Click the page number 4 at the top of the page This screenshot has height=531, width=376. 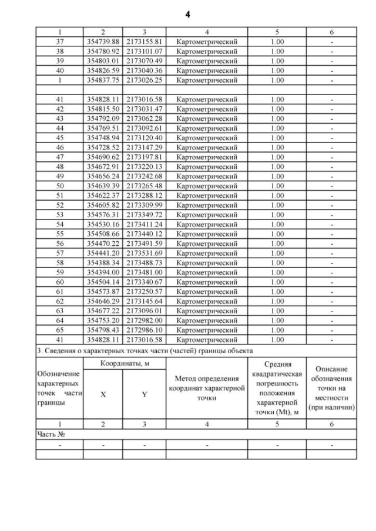tap(187, 13)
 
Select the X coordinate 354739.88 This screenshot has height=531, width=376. tap(103, 42)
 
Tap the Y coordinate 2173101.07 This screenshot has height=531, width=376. tap(144, 52)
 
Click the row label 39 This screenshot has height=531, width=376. tap(59, 61)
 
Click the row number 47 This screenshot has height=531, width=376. tap(59, 157)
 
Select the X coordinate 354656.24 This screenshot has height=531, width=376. tap(103, 176)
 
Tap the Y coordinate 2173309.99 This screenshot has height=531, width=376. tap(144, 205)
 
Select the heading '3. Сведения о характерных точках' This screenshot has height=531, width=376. tap(145, 350)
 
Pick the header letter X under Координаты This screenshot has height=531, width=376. tap(103, 395)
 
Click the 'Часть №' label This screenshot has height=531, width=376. tap(49, 434)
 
